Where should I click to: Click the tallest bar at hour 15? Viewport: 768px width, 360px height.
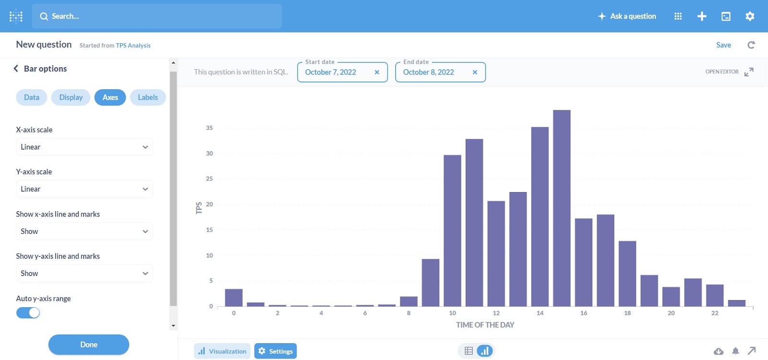point(562,208)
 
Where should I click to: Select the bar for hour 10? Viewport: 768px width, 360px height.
point(452,230)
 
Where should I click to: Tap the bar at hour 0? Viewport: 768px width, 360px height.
point(234,298)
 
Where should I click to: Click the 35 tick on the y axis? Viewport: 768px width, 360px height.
point(209,128)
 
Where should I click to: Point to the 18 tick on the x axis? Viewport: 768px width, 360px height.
point(627,313)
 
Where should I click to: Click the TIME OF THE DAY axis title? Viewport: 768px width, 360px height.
point(485,325)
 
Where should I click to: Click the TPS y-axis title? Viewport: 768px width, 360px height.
point(199,208)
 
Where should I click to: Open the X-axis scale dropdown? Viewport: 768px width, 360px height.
point(84,147)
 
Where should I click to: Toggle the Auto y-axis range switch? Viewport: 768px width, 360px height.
point(28,313)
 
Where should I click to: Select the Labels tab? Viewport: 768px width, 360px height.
point(148,97)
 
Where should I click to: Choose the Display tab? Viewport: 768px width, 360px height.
point(71,97)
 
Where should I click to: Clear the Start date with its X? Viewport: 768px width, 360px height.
point(377,72)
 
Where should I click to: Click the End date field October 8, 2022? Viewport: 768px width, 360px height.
point(429,72)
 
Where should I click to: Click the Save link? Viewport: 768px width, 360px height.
point(723,45)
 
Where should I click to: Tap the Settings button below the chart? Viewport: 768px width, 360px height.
point(276,351)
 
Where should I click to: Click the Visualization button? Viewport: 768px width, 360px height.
point(222,351)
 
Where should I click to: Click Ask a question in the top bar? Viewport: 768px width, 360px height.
point(627,16)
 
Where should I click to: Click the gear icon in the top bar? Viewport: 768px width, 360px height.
point(750,16)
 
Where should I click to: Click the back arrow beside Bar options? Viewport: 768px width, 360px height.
point(16,69)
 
